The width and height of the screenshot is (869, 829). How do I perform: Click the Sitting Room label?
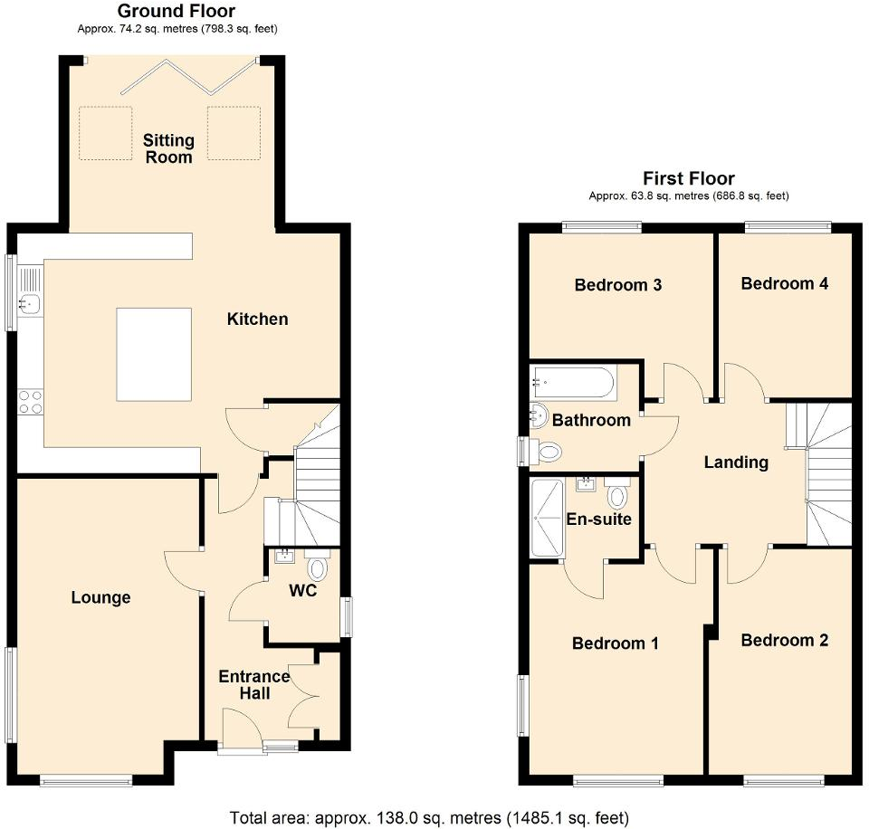[x=168, y=148]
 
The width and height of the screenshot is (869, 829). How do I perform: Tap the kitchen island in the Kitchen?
[x=154, y=355]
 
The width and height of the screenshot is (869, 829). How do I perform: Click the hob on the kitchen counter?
[x=30, y=401]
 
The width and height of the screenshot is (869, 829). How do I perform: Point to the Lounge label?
[x=100, y=597]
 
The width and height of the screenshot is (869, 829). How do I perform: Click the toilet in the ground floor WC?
[x=318, y=568]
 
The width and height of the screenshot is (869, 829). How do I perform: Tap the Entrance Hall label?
[x=253, y=685]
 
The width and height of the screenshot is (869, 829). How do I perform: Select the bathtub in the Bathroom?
[x=573, y=384]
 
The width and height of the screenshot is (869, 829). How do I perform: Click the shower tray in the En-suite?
[x=548, y=519]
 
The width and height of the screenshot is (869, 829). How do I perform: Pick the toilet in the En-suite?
[x=618, y=494]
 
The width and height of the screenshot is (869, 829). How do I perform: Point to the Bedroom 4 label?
[x=784, y=283]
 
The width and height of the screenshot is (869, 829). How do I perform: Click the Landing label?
[x=736, y=462]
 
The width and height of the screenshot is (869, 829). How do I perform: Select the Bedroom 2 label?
[x=784, y=641]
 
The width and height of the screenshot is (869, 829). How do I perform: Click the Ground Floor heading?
[x=177, y=12]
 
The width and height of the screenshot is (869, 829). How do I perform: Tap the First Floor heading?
[x=688, y=178]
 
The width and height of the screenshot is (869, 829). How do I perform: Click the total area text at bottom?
[x=429, y=818]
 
